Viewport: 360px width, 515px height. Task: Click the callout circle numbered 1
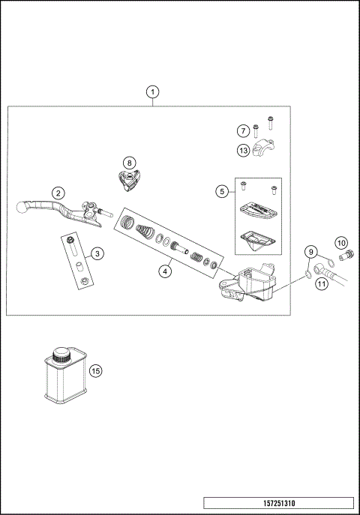[153, 93]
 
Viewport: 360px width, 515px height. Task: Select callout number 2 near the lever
[58, 193]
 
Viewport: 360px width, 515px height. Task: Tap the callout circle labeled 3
[97, 254]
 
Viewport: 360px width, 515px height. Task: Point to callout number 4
[166, 271]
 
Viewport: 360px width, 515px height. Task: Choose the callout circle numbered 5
[221, 192]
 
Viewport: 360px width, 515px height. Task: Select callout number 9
[310, 251]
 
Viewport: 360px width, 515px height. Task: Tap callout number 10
[341, 242]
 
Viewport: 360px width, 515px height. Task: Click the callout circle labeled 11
[320, 283]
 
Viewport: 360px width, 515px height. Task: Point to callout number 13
[243, 151]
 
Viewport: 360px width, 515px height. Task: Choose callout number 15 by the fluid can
[94, 370]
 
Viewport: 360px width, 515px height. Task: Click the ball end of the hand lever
[21, 206]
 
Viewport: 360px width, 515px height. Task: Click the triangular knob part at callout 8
[130, 178]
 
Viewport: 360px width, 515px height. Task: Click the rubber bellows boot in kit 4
[129, 223]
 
